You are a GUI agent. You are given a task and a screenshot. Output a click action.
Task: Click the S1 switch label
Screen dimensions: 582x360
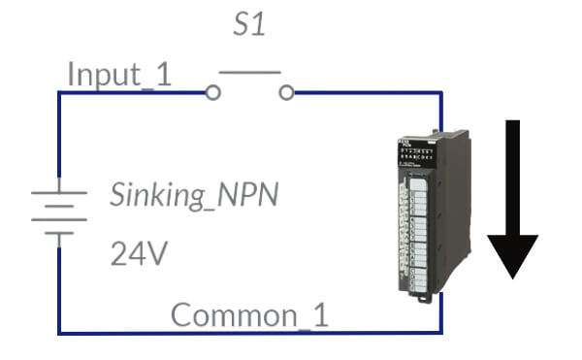(249, 24)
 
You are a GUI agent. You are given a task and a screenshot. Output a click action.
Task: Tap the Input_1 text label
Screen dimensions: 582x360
(119, 75)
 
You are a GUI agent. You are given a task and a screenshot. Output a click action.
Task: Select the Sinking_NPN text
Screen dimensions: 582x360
(194, 196)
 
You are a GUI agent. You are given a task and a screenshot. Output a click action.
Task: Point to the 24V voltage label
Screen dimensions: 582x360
(139, 252)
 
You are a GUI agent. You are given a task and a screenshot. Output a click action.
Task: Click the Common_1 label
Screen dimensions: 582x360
(249, 315)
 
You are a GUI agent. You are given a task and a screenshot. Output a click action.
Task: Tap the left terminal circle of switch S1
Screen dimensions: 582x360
(213, 92)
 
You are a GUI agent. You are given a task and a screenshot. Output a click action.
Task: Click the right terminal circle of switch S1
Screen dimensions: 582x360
(286, 92)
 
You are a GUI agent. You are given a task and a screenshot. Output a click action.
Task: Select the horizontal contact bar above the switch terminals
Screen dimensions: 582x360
(250, 73)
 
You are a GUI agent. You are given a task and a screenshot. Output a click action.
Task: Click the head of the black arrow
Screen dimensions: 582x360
(512, 254)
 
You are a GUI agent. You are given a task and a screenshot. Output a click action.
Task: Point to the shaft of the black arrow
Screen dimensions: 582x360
(512, 178)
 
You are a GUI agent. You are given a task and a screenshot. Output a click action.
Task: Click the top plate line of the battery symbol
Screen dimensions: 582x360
(59, 193)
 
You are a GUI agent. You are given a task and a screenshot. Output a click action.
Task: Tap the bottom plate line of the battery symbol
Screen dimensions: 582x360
(59, 234)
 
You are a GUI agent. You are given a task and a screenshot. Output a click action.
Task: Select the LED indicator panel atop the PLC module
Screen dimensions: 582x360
(416, 154)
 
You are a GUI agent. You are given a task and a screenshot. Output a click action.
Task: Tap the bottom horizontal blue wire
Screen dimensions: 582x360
(250, 333)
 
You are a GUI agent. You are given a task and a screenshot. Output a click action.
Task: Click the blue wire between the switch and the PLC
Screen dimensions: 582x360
(368, 92)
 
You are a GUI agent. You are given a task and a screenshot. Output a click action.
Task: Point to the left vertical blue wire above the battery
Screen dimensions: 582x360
(59, 134)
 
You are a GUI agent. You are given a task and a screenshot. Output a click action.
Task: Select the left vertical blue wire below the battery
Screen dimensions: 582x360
(59, 290)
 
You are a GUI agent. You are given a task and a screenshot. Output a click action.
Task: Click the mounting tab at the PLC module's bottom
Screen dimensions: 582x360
(421, 299)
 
